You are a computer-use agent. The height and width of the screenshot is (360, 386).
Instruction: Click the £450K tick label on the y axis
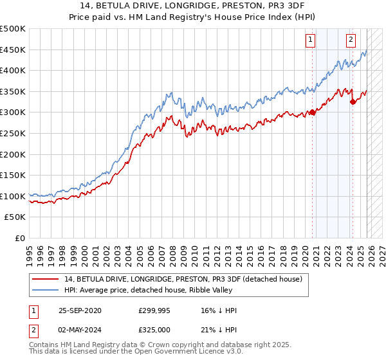point(14,50)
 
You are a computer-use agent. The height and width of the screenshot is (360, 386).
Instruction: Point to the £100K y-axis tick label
point(14,196)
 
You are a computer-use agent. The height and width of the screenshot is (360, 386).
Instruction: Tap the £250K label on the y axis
point(14,133)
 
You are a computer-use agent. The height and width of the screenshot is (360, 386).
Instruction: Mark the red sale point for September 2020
point(313,113)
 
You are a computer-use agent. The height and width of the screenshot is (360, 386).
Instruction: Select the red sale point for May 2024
point(353,102)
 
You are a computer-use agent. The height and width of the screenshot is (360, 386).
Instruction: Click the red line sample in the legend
point(46,278)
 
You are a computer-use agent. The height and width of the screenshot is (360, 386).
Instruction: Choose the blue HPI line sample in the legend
point(46,290)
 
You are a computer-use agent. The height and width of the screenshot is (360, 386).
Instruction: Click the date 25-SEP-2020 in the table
point(80,310)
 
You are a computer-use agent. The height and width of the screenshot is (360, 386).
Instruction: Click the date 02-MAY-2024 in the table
point(80,330)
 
